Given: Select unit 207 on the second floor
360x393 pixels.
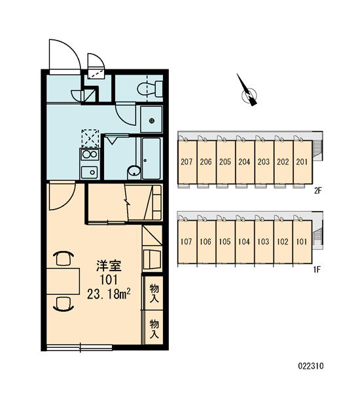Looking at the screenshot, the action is pos(187,162).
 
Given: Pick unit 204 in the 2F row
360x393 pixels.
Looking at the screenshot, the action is pos(244,162).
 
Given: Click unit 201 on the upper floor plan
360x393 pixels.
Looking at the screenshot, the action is pos(302,162).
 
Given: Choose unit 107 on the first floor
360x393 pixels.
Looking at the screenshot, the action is pos(187,242).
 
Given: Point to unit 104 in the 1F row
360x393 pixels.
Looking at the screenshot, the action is pos(244,242).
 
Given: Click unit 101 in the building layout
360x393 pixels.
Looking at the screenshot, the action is pos(302,242).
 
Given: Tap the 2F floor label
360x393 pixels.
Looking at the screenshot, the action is pos(317,191).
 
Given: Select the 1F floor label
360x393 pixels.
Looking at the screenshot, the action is pos(317,270).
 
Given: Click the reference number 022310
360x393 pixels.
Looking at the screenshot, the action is pos(311,366).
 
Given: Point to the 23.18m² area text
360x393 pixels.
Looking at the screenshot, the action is pos(109,293).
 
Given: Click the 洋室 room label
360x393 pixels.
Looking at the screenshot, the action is pos(109,266).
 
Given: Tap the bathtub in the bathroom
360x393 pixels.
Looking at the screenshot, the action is pos(151,159).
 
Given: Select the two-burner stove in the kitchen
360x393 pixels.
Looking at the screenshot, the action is pos(90,155).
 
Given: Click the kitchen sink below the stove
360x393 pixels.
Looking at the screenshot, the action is pos(90,172).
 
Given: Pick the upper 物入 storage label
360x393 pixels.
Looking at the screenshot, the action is pos(154,293).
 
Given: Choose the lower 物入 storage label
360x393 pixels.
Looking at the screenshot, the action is pos(154,329).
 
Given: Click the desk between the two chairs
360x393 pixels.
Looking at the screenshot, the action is pos(63,281).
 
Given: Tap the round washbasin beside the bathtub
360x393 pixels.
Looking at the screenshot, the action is pos(134,172).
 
